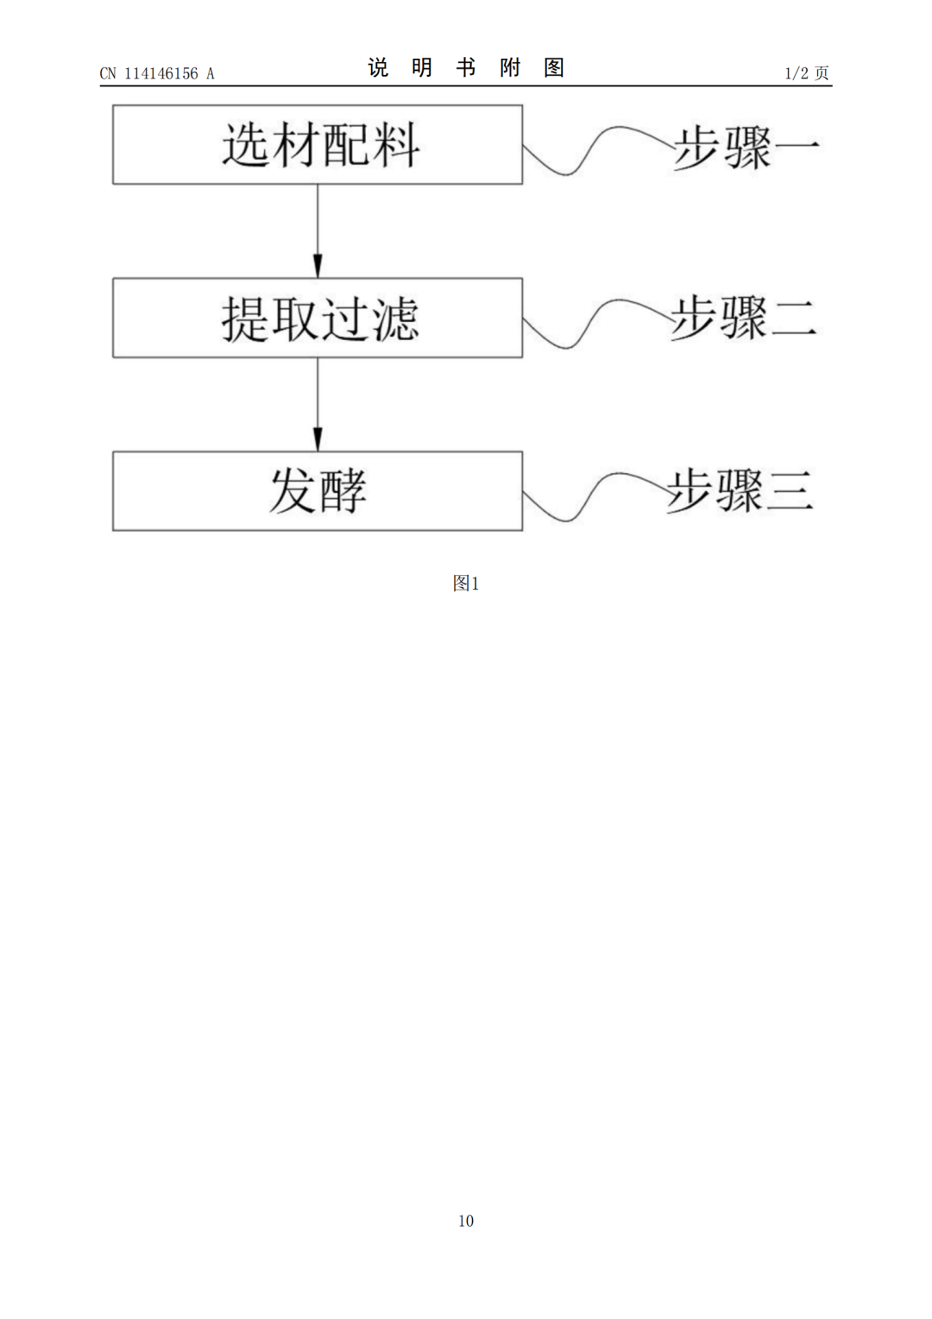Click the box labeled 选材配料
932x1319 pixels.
coord(317,144)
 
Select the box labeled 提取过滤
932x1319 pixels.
coord(317,318)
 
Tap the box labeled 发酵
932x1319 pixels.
coord(317,490)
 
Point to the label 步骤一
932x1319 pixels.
coord(745,148)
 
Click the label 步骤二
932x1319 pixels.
coord(743,318)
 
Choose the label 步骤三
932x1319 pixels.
coord(740,490)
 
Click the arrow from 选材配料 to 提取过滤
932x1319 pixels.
coord(318,230)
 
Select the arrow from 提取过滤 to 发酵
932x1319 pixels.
coord(318,404)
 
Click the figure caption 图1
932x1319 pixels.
coord(465,584)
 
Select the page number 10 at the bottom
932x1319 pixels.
coord(466,1221)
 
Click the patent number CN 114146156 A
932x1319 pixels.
coord(157,73)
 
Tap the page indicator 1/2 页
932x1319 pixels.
coord(807,73)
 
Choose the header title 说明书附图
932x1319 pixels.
coord(466,67)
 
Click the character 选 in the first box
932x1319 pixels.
coord(245,144)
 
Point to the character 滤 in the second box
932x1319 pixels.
coord(394,319)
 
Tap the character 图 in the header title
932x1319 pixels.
coord(554,67)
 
